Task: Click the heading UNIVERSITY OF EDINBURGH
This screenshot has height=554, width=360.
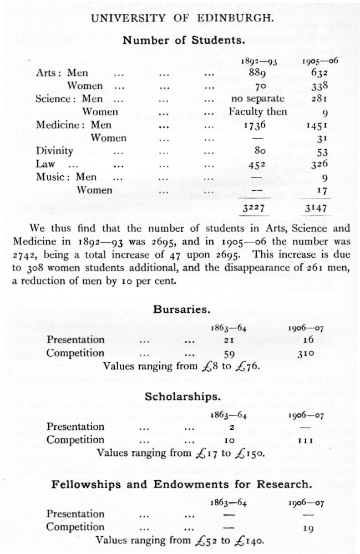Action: point(181,18)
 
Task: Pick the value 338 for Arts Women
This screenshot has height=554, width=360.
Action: point(319,85)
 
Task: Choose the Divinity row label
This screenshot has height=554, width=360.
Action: point(54,151)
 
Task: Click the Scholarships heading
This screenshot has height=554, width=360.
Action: point(181,397)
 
